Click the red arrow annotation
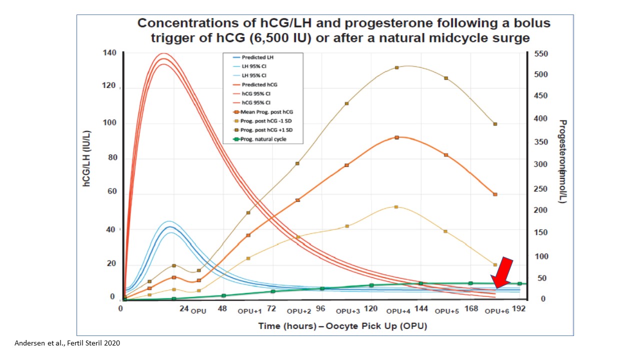coord(502,274)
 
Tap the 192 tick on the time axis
coord(519,309)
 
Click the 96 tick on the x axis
coord(320,309)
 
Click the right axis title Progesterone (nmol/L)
coord(563,161)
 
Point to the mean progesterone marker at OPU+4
coord(396,137)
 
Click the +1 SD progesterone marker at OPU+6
coord(495,124)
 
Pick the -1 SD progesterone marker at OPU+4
coord(396,206)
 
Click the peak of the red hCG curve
coord(163,58)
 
